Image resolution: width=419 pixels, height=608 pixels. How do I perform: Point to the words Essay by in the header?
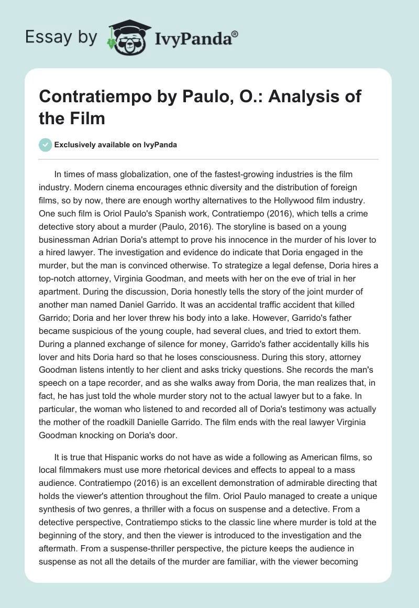61,37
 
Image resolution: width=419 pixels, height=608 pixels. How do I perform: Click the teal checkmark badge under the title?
46,145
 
